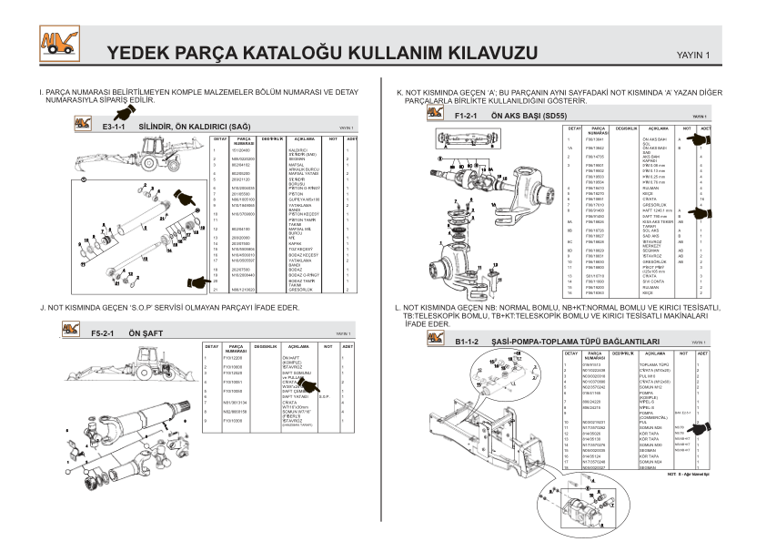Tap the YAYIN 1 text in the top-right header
pos(694,56)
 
